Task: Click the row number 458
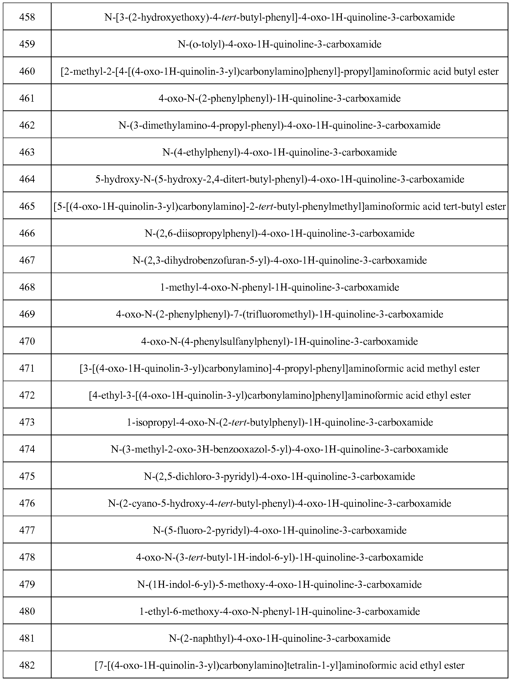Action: (x=27, y=17)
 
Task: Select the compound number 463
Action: (x=27, y=152)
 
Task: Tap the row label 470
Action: (x=27, y=341)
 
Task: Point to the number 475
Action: (x=27, y=476)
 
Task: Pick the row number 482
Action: (x=27, y=665)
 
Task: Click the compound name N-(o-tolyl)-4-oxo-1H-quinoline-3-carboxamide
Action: (x=279, y=44)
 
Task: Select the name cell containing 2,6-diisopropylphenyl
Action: (x=279, y=233)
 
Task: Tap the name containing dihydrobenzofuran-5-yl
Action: (x=279, y=260)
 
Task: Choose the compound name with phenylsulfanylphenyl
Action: (x=279, y=341)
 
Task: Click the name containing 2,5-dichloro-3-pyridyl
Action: (x=279, y=476)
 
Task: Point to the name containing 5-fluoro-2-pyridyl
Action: (x=279, y=530)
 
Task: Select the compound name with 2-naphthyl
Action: (x=279, y=638)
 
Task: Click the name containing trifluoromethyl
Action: (x=279, y=314)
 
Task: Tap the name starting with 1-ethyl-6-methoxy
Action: (x=279, y=611)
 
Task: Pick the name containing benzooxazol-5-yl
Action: (x=279, y=449)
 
